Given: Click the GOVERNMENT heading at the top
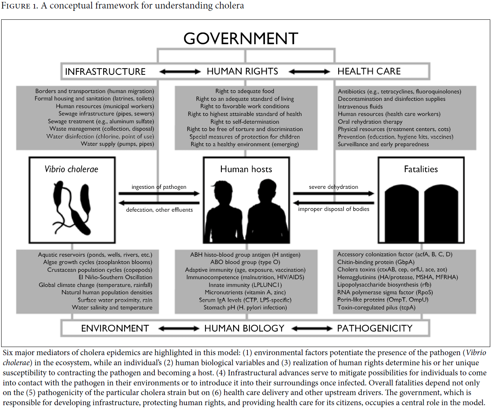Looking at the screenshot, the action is [241, 38].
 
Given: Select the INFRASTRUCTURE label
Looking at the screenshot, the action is [105, 71].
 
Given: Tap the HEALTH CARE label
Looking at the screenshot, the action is [369, 71].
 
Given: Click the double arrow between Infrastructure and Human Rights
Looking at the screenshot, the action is [180, 71].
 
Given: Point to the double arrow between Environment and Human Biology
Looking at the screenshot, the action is [179, 328].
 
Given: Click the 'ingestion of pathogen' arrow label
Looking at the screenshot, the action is [159, 187].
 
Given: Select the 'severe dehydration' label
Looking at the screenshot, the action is [334, 187].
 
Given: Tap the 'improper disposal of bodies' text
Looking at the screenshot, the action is [334, 209].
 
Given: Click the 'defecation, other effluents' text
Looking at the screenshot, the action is [159, 210].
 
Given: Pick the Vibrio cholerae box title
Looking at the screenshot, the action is [71, 169].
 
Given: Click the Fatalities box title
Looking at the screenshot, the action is [421, 169].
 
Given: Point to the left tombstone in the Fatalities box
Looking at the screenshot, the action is [402, 213].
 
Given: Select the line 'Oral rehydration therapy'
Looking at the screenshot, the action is [370, 122].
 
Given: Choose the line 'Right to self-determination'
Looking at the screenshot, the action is [245, 122].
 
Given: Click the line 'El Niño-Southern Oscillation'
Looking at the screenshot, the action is [115, 277].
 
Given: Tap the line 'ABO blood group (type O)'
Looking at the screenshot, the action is [245, 262].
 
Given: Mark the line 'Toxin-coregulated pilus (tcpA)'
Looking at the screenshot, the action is [376, 307].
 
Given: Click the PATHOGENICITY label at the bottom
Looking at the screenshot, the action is [375, 328].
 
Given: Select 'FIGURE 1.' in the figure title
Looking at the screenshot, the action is [19, 5].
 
